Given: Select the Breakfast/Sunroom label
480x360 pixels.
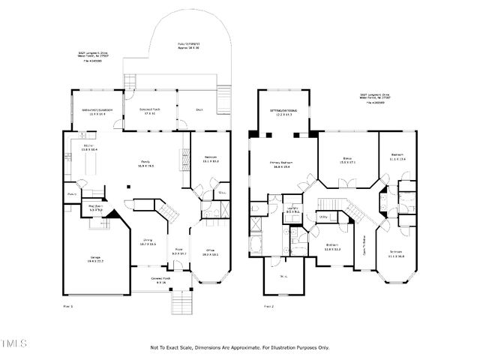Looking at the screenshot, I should [97, 111].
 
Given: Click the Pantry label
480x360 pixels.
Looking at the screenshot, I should [73, 193].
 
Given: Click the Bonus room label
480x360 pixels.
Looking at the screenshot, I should [347, 160].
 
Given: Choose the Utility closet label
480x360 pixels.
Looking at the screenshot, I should [325, 217].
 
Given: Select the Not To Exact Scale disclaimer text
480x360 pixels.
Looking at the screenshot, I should [240, 347].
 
